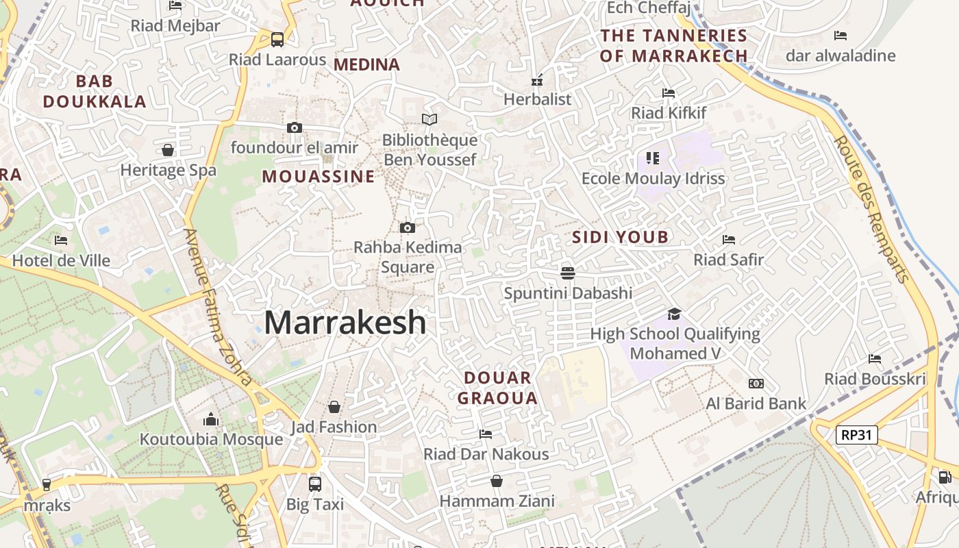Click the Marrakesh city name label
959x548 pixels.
345,322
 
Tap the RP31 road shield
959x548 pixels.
857,434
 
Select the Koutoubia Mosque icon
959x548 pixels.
211,419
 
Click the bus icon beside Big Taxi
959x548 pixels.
315,484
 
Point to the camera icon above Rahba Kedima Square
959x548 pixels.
407,227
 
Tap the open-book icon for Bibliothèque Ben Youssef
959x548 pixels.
429,120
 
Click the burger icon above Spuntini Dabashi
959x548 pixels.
567,273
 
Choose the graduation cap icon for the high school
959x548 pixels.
675,314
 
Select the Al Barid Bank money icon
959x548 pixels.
756,384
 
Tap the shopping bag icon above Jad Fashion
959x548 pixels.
334,407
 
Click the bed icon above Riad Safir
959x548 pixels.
729,240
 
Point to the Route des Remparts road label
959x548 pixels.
872,208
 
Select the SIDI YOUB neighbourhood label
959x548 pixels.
620,238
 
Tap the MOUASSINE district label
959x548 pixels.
319,177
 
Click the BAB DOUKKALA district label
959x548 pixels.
95,92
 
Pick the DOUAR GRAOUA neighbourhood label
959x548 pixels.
497,388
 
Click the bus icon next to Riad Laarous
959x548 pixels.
277,40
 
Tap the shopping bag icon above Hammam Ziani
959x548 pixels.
497,482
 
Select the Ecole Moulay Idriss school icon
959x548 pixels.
653,159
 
